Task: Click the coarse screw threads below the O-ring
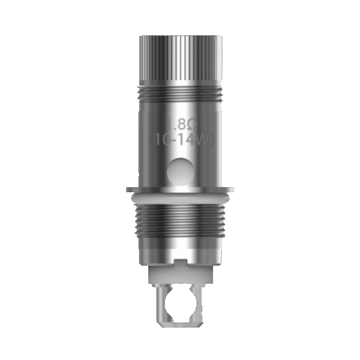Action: (180, 223)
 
